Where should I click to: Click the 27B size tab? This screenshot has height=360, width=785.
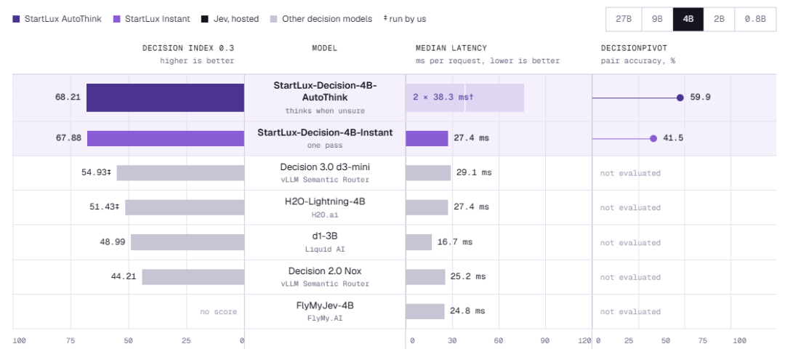[624, 20]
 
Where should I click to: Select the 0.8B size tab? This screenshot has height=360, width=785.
[755, 20]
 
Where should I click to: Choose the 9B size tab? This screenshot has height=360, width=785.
[657, 20]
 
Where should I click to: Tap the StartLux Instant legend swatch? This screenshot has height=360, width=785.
[116, 19]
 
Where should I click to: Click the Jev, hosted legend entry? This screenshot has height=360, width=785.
[230, 19]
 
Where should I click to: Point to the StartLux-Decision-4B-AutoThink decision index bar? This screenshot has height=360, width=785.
[165, 97]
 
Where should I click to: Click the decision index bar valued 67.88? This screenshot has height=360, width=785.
[166, 139]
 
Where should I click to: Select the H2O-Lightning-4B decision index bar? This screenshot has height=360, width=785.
[185, 207]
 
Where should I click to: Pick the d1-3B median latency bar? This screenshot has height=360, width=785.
[419, 242]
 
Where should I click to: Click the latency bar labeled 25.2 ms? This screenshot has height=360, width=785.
[425, 277]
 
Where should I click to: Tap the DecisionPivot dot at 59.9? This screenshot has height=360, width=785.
[680, 97]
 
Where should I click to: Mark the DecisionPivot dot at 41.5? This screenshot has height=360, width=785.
[653, 139]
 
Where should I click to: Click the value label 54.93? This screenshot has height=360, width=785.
[94, 172]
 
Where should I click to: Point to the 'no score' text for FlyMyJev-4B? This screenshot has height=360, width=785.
[218, 312]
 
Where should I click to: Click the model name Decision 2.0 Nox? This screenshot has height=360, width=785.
[324, 271]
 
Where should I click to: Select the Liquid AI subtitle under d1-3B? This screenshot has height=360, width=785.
[324, 249]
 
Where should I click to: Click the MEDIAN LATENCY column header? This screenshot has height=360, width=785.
[451, 49]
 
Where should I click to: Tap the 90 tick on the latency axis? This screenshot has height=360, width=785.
[544, 341]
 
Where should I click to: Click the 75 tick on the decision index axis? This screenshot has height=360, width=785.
[70, 341]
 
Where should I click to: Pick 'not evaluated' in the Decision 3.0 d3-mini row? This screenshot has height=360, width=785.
[630, 173]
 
